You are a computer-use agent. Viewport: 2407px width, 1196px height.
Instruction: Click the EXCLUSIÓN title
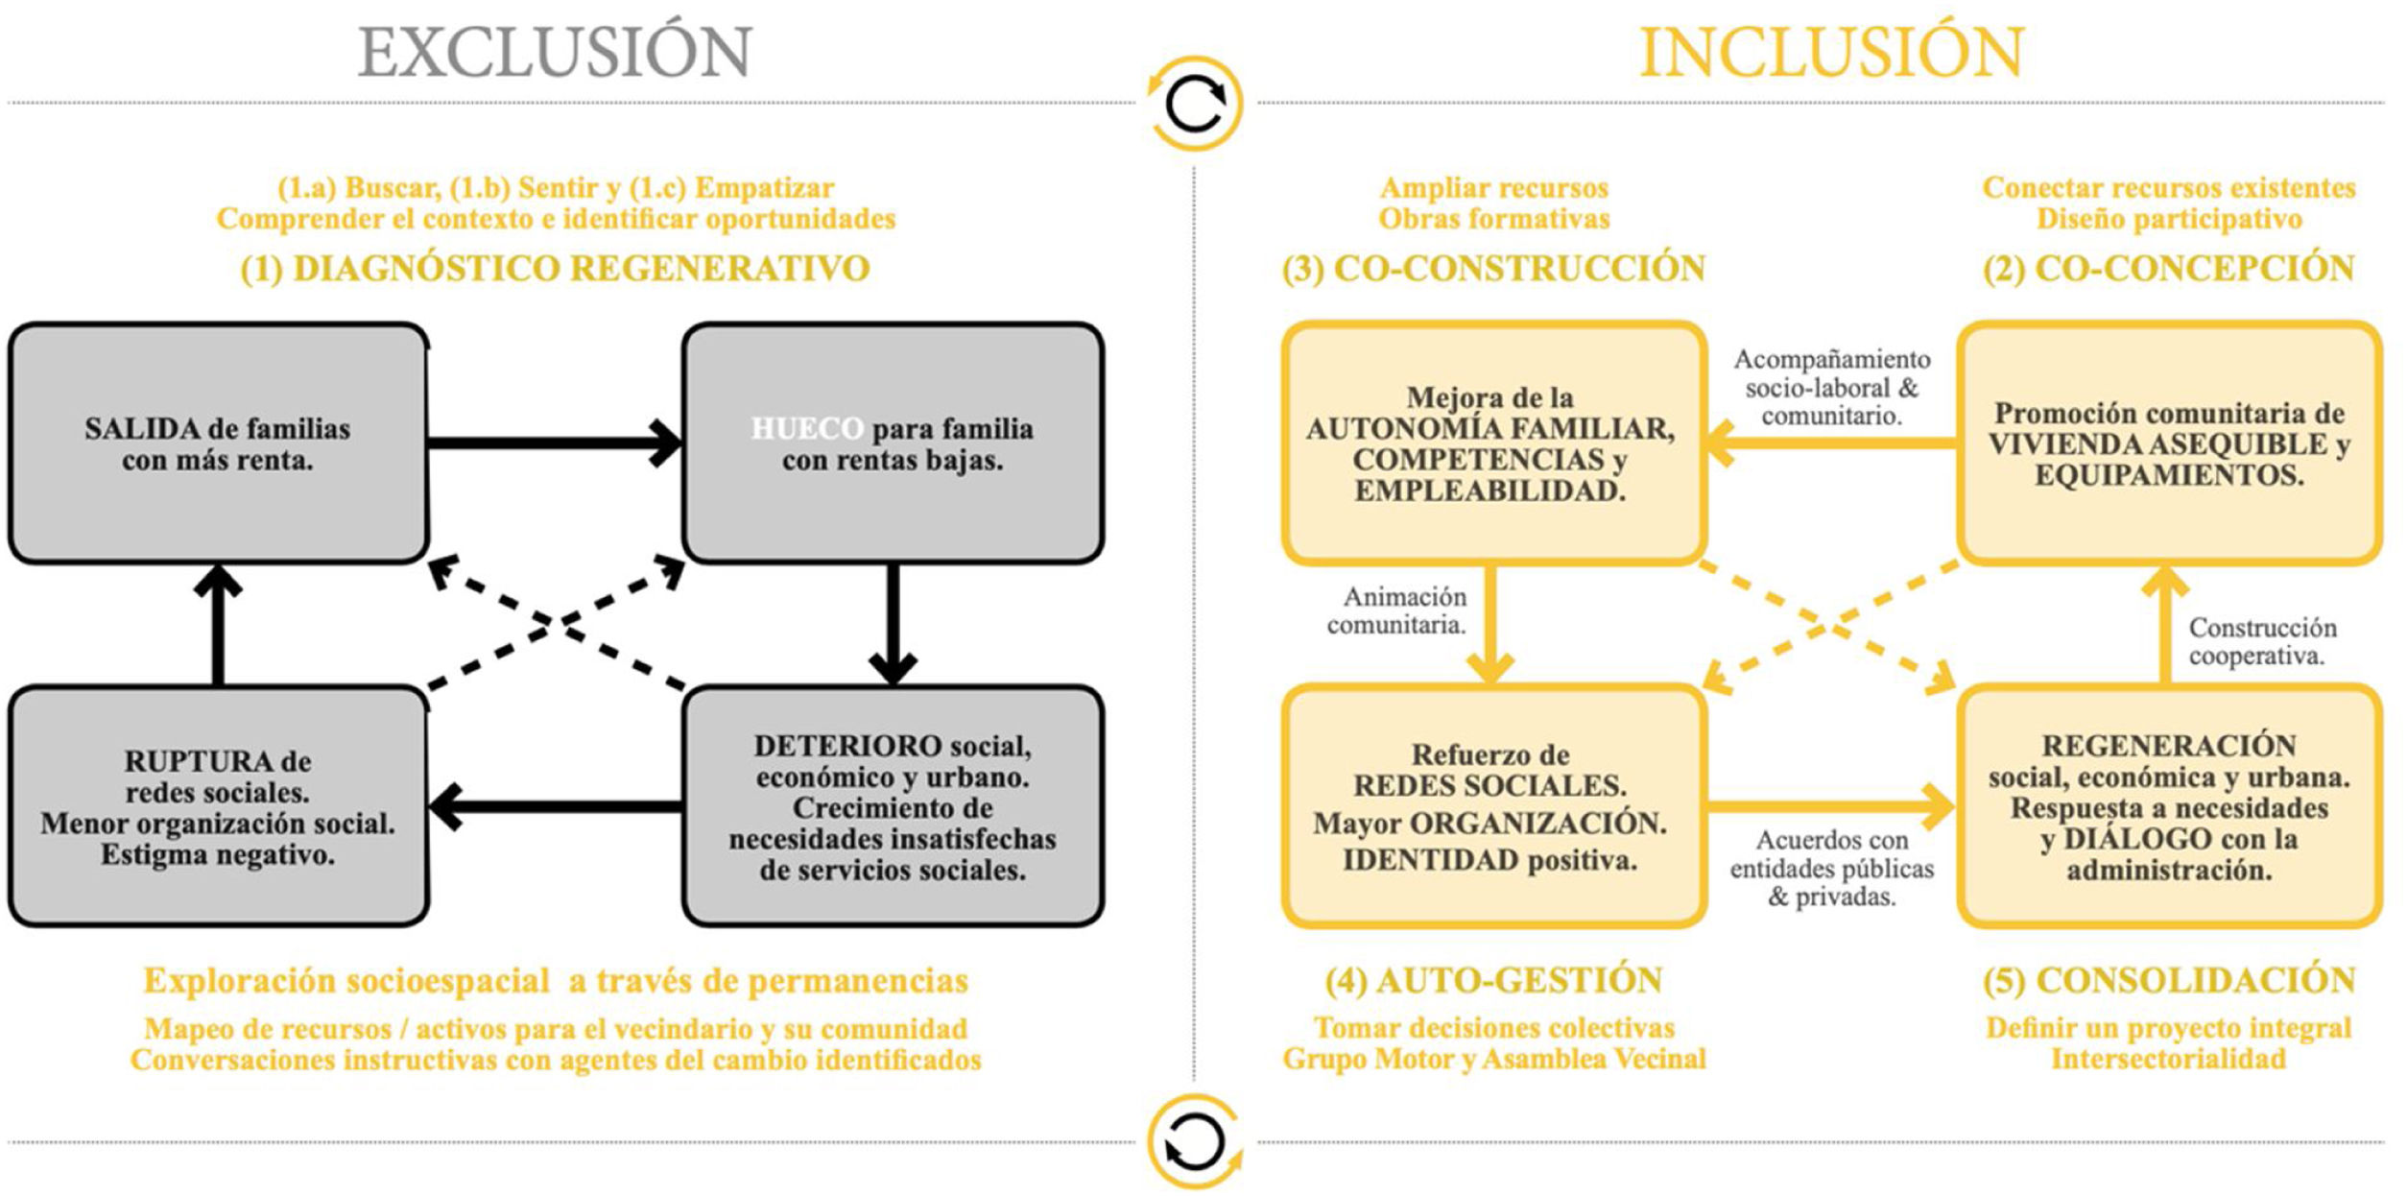coord(555,53)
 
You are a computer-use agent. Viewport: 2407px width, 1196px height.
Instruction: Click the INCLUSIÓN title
coord(1831,53)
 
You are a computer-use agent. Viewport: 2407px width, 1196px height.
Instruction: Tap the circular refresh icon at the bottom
coord(1195,1142)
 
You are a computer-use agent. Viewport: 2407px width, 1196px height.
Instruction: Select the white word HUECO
coord(807,428)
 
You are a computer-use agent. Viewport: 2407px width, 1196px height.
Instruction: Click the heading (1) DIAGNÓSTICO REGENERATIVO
coord(555,268)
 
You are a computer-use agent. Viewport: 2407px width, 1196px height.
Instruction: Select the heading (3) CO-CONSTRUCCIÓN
coord(1493,268)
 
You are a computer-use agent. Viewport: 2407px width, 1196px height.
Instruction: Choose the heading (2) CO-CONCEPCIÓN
coord(2169,268)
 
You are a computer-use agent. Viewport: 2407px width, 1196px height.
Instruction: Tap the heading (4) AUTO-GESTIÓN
coord(1493,980)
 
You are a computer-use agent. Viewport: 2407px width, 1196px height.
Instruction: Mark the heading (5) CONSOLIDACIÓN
coord(2169,980)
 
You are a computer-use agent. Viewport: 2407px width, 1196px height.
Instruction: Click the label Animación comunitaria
coord(1397,611)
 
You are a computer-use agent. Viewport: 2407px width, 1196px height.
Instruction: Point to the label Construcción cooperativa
coord(2261,641)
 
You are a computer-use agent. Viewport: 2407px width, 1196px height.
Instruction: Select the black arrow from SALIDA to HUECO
coord(555,443)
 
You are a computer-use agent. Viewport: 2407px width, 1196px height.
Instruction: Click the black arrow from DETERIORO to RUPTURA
coord(555,806)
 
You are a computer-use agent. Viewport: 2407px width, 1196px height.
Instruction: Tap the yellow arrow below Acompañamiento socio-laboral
coord(1831,443)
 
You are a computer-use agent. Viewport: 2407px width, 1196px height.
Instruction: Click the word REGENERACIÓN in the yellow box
coord(2169,746)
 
